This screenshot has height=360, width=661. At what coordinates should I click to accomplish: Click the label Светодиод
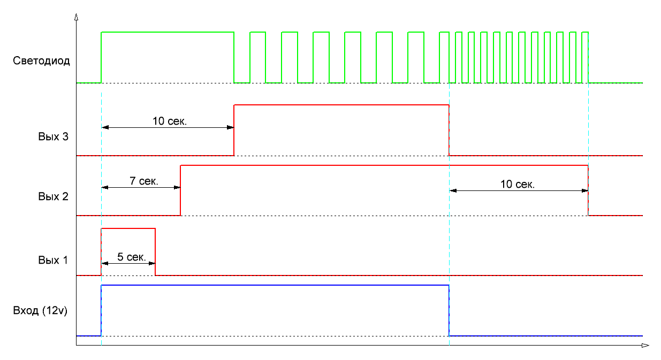click(41, 61)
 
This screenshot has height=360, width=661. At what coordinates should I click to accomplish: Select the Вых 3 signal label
click(53, 136)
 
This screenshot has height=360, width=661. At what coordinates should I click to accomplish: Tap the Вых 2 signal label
click(53, 196)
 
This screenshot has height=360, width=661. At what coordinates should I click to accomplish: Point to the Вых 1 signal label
click(53, 261)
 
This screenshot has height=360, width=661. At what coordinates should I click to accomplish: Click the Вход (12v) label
click(40, 310)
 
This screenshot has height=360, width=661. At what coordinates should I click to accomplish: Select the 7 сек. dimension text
click(144, 181)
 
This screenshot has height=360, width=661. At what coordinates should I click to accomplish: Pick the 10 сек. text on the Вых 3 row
click(170, 121)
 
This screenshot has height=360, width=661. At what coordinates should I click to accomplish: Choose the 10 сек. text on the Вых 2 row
click(518, 185)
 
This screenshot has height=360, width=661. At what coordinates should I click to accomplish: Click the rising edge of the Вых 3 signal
click(234, 130)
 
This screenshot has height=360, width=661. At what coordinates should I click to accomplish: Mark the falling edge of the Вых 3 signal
click(449, 130)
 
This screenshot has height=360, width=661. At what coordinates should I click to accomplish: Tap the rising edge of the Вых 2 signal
click(181, 190)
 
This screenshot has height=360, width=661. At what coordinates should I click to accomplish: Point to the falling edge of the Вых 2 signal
click(588, 190)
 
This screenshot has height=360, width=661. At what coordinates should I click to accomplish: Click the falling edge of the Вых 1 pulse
click(155, 251)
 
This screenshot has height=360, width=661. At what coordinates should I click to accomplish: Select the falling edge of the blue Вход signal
click(449, 310)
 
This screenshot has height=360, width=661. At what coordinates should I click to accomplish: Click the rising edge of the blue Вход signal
click(101, 310)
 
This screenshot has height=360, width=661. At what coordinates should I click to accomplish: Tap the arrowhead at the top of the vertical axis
click(77, 17)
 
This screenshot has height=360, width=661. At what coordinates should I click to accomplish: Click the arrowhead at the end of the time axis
click(646, 346)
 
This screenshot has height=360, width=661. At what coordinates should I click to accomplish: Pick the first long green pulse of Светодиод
click(168, 33)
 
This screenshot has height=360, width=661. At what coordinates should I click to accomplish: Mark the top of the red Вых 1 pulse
click(128, 228)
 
